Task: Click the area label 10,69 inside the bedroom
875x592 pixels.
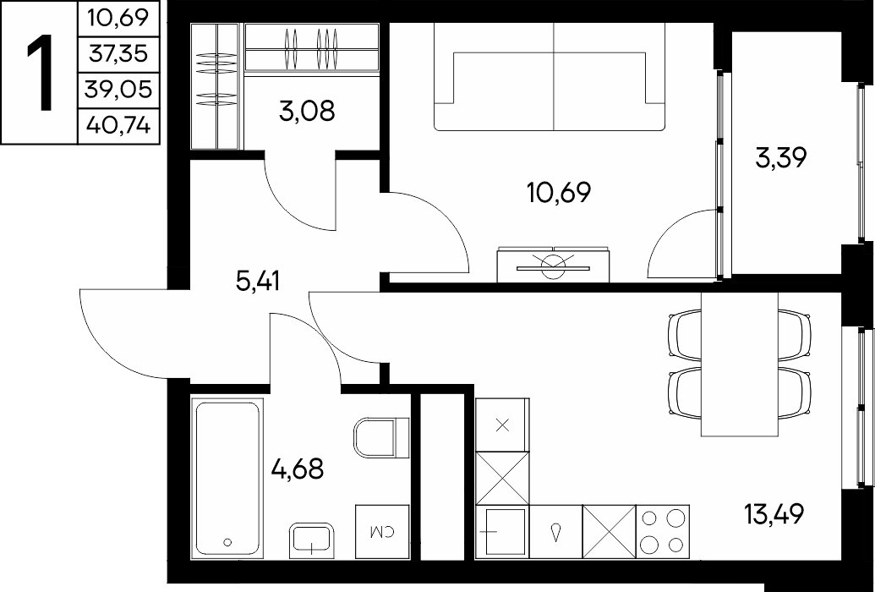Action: coord(558,193)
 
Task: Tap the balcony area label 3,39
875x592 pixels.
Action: coord(780,159)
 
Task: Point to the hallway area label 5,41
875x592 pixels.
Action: coord(257,282)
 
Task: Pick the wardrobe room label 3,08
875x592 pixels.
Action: coord(308,111)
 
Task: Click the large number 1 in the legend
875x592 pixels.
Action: coord(40,72)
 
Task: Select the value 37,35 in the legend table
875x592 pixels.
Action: coord(118,54)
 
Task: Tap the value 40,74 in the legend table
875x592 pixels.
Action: coord(118,126)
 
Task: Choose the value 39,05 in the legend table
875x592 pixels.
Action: coord(118,90)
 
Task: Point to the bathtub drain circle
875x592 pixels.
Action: coord(227,542)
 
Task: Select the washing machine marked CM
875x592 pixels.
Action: coord(383,532)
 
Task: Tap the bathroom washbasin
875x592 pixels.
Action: coord(311,540)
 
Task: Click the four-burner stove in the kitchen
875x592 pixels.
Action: coord(663,531)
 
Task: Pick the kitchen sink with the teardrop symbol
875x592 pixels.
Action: coord(555,531)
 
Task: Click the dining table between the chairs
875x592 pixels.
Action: coord(740,364)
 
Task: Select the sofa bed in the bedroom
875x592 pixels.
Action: coord(550,77)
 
